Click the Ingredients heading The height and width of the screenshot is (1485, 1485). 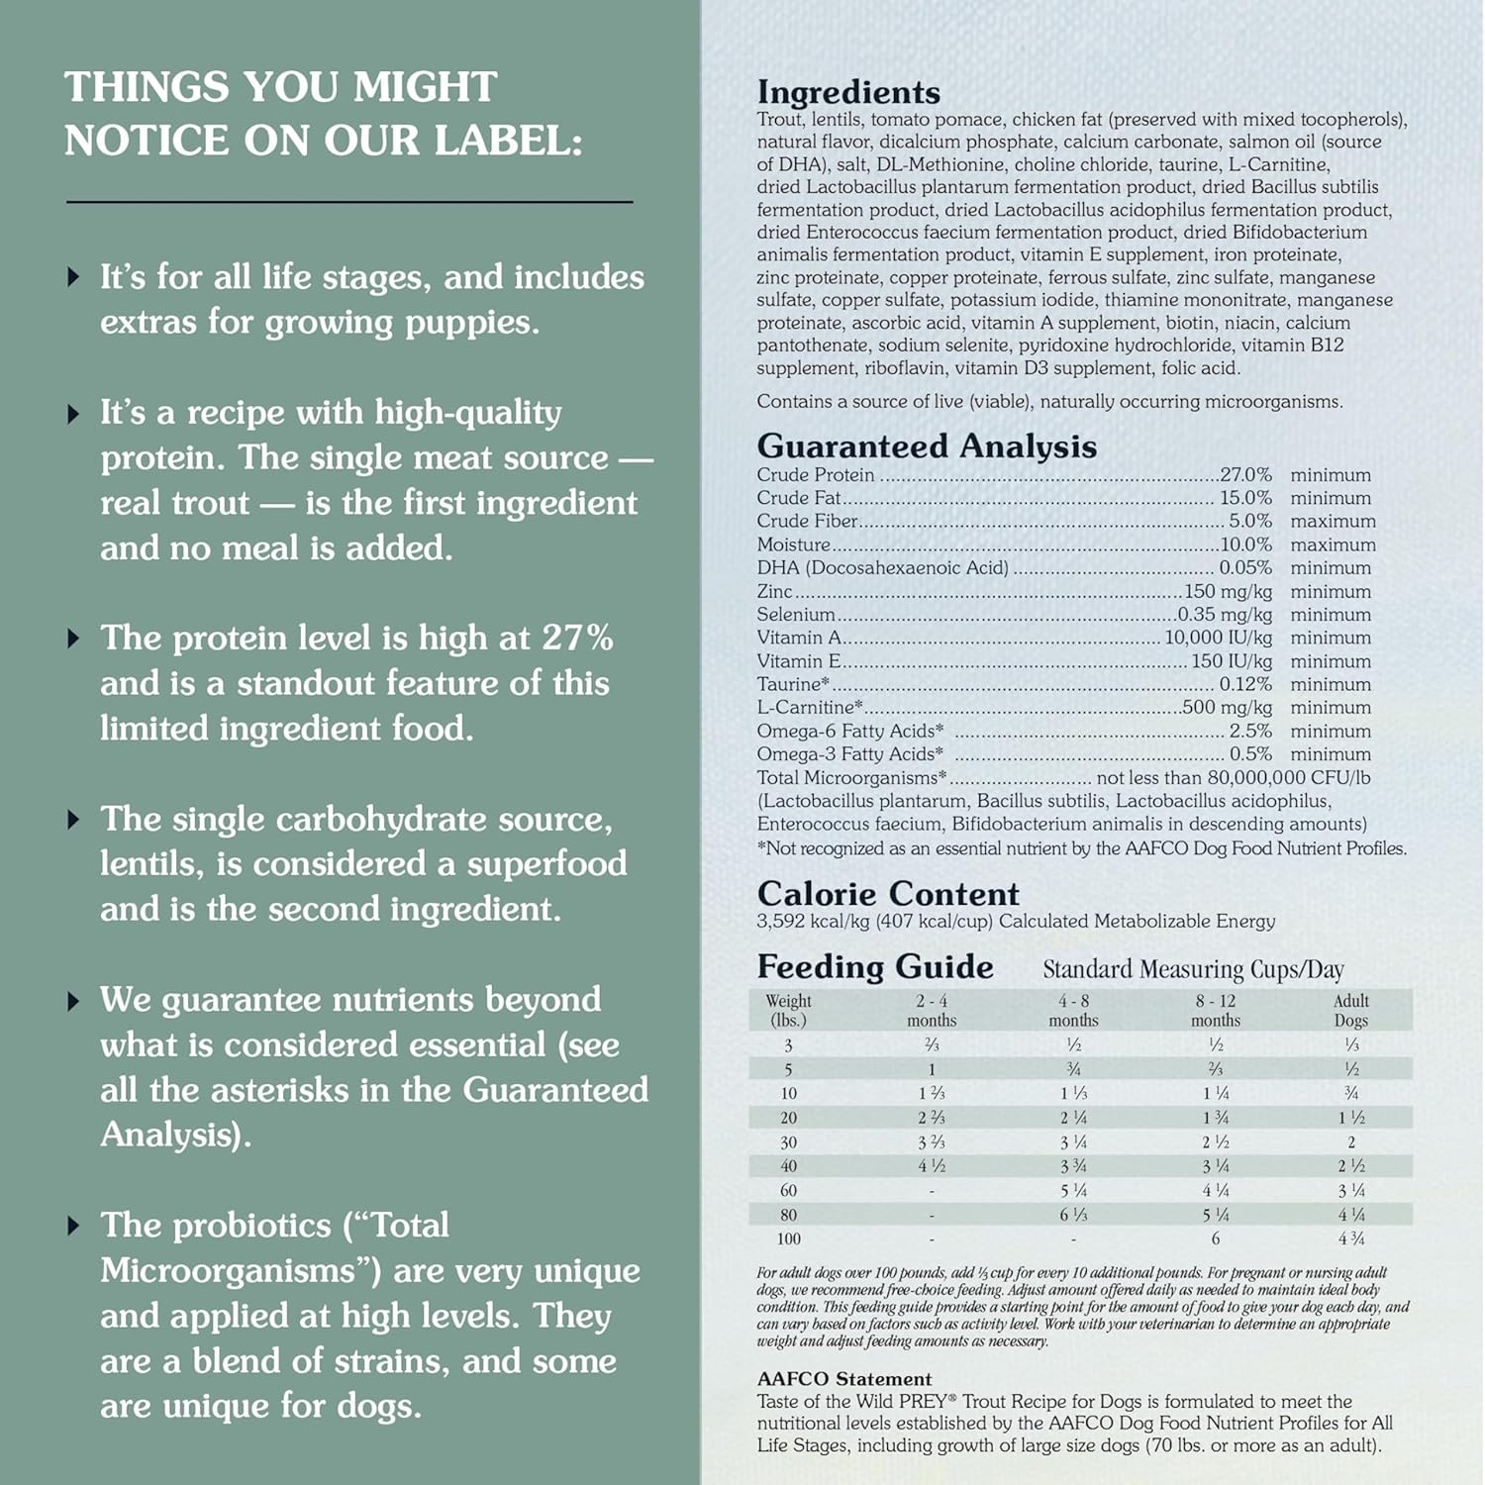tap(848, 92)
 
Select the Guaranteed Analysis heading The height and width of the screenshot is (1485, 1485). tap(927, 446)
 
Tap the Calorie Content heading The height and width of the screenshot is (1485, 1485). tap(888, 894)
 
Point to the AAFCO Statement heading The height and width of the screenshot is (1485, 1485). tap(844, 1379)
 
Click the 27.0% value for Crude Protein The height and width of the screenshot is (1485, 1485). tap(1245, 475)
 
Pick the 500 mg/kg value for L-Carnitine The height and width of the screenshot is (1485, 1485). tap(1227, 708)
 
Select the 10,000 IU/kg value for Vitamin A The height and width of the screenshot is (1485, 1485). tap(1218, 638)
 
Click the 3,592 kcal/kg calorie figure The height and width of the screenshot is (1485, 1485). tap(813, 922)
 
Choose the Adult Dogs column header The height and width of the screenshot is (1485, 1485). tap(1350, 1010)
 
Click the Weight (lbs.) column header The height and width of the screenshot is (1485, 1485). tap(788, 1010)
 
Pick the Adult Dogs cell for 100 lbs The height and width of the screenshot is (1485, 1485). tap(1350, 1239)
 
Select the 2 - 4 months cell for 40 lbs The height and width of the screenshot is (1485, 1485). tap(931, 1166)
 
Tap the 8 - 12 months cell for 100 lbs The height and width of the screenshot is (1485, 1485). tap(1215, 1239)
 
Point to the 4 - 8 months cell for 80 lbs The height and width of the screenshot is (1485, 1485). tap(1073, 1215)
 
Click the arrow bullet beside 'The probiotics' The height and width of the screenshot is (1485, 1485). tap(73, 1226)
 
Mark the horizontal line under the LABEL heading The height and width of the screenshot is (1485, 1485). tap(349, 202)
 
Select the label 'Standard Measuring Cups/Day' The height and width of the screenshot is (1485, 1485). tap(1193, 969)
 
